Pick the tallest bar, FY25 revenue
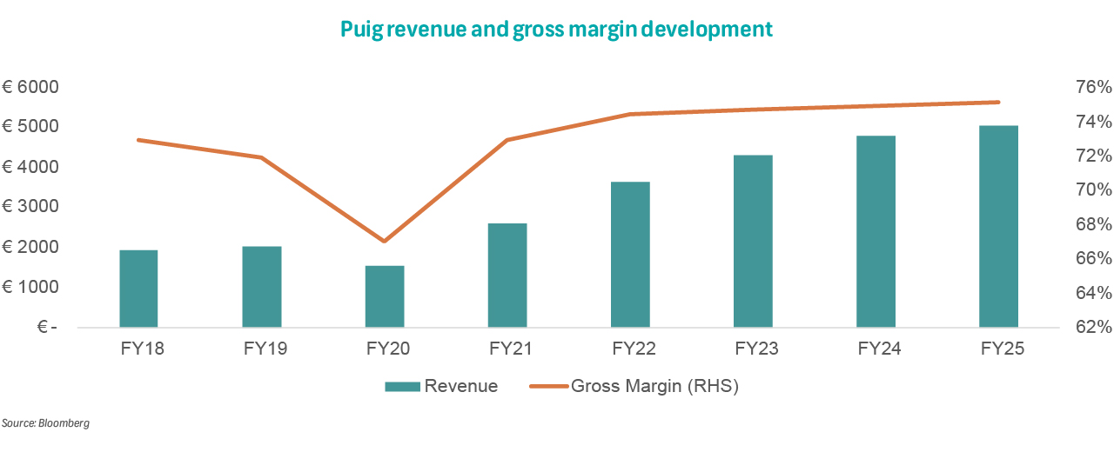pos(999,226)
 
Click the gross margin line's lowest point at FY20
pos(384,241)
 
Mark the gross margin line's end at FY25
pos(999,103)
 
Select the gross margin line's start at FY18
pos(138,140)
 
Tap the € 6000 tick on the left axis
pos(30,87)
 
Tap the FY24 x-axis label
pos(876,349)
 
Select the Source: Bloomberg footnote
pos(45,423)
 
